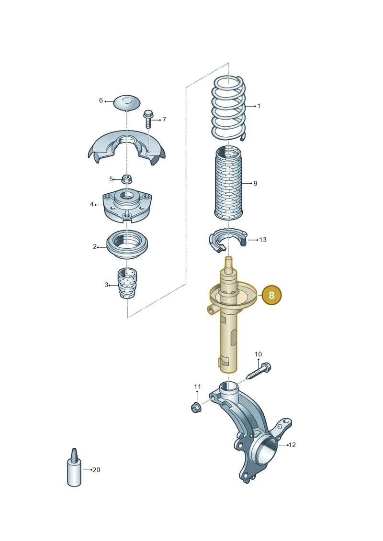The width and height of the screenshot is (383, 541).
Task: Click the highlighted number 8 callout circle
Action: coord(271,295)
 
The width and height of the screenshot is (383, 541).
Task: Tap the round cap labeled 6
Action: coord(127,103)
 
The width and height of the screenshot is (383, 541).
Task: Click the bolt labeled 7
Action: coord(148,119)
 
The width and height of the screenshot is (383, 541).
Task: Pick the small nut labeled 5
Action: coord(126,179)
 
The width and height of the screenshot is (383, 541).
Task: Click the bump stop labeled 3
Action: coord(128,283)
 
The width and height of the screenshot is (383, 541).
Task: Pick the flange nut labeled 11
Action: coord(195,407)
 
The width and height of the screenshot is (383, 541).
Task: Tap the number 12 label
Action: coord(292,445)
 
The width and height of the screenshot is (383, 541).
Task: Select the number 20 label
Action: coord(96,470)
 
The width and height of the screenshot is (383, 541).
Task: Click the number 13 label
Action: coord(263,240)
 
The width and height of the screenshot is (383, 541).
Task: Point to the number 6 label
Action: coord(101,100)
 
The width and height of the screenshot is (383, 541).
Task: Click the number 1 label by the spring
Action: coord(259,106)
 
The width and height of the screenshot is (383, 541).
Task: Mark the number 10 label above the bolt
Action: coord(259,354)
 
